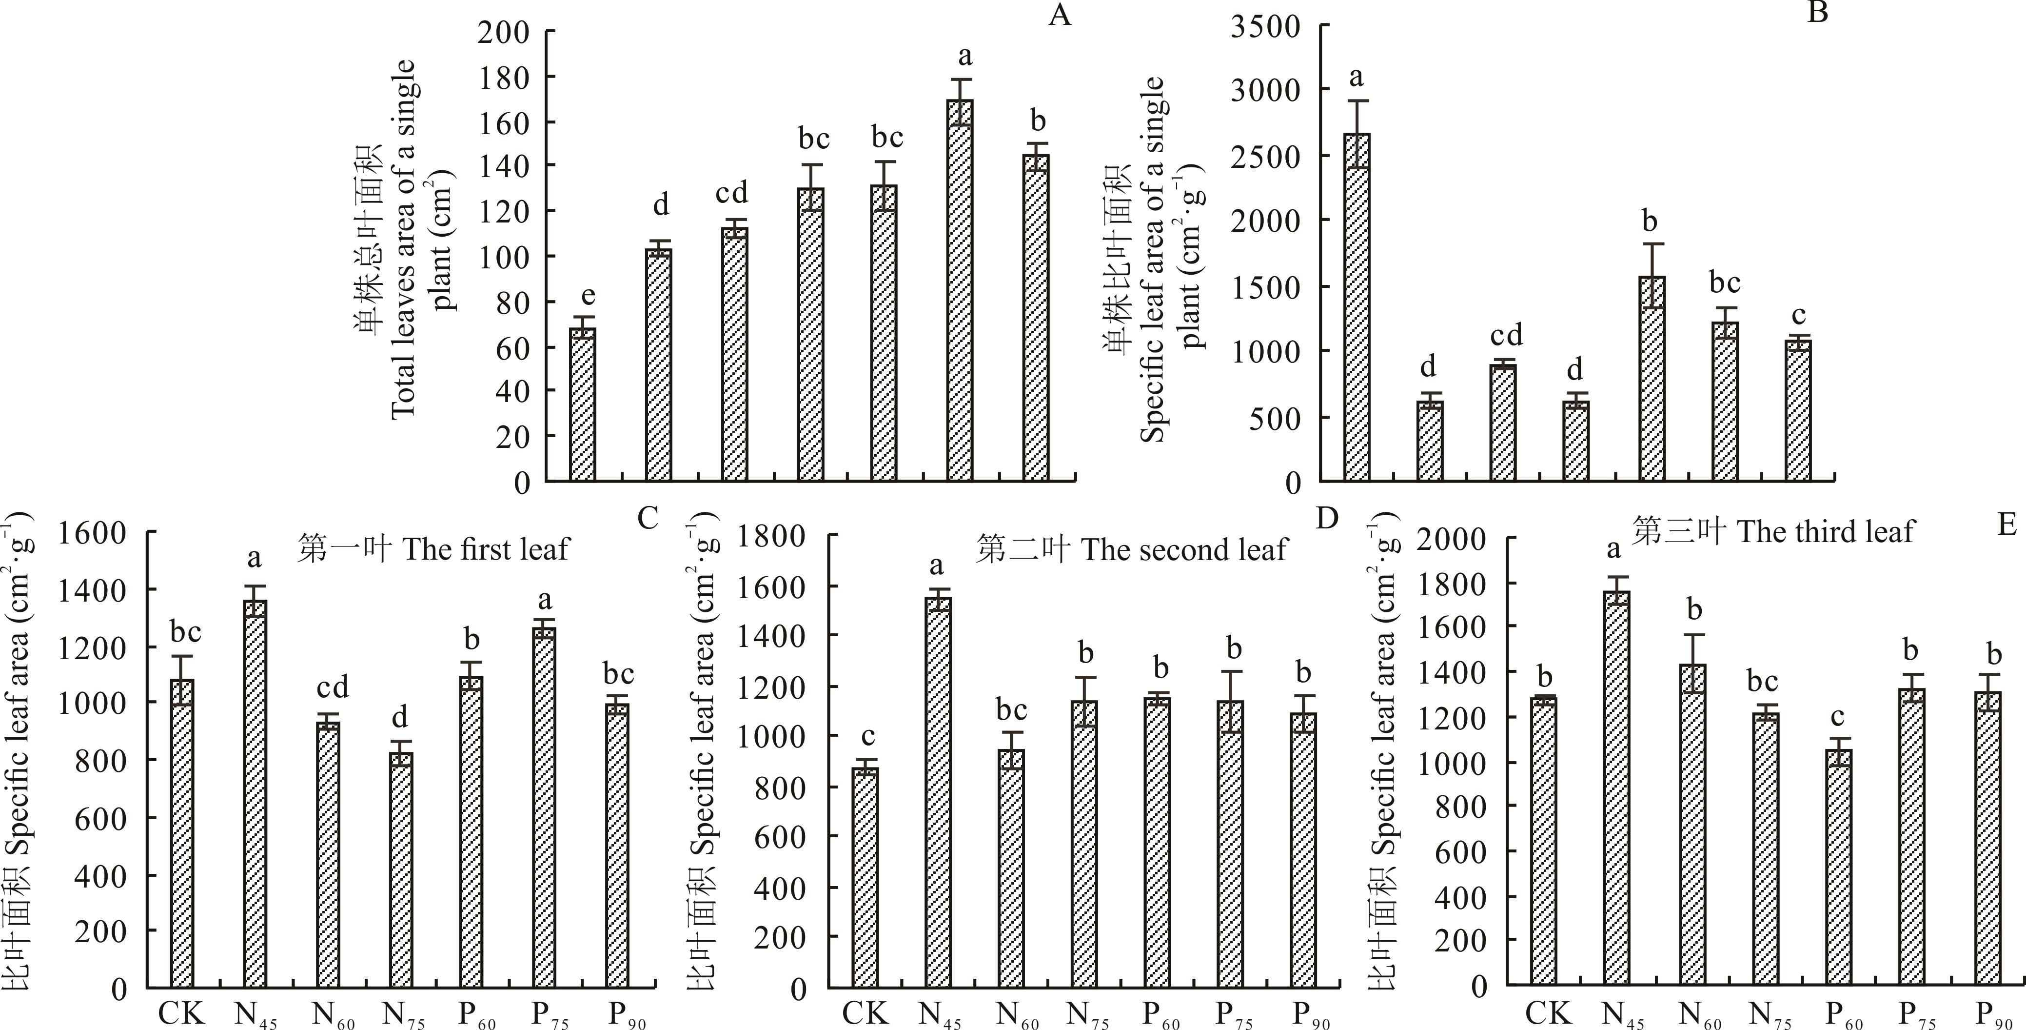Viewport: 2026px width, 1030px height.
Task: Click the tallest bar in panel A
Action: click(x=960, y=291)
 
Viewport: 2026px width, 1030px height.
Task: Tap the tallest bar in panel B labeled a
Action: click(x=1357, y=307)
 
